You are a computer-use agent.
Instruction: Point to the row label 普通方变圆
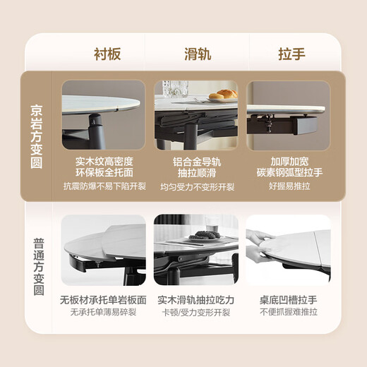[x=37, y=267]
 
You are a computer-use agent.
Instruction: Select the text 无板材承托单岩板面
[x=103, y=300]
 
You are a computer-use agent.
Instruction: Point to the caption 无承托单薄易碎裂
[x=103, y=313]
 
